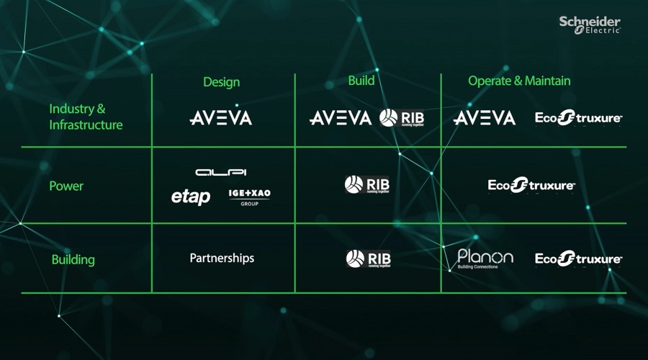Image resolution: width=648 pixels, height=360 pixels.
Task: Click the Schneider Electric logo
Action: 590,24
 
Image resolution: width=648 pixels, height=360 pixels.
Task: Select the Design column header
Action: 221,82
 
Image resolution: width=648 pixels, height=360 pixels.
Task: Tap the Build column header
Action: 361,80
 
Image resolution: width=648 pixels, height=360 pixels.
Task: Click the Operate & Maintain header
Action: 519,81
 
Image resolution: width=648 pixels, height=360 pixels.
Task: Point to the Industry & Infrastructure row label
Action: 86,117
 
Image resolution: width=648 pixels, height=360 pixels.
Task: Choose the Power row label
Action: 66,186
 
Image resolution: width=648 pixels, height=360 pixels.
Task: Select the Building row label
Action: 73,259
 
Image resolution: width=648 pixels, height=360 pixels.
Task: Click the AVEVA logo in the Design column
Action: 220,118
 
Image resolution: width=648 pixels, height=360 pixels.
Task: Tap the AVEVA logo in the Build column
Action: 341,118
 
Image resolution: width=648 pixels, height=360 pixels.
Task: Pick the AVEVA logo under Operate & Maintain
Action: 485,118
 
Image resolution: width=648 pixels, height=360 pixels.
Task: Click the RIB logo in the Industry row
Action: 397,118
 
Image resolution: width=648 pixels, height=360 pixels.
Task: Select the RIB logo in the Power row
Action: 367,185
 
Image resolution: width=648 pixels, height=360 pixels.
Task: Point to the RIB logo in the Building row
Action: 368,258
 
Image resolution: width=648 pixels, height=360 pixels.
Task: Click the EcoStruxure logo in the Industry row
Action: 578,118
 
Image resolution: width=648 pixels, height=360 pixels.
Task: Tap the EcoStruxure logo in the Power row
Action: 531,186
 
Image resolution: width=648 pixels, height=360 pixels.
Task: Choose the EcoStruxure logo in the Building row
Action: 578,258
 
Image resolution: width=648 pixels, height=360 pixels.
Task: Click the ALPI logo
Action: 221,173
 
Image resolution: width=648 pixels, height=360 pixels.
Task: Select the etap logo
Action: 191,197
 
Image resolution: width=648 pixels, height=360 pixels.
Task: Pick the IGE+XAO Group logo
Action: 249,197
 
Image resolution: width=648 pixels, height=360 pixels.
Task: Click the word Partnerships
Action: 222,258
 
